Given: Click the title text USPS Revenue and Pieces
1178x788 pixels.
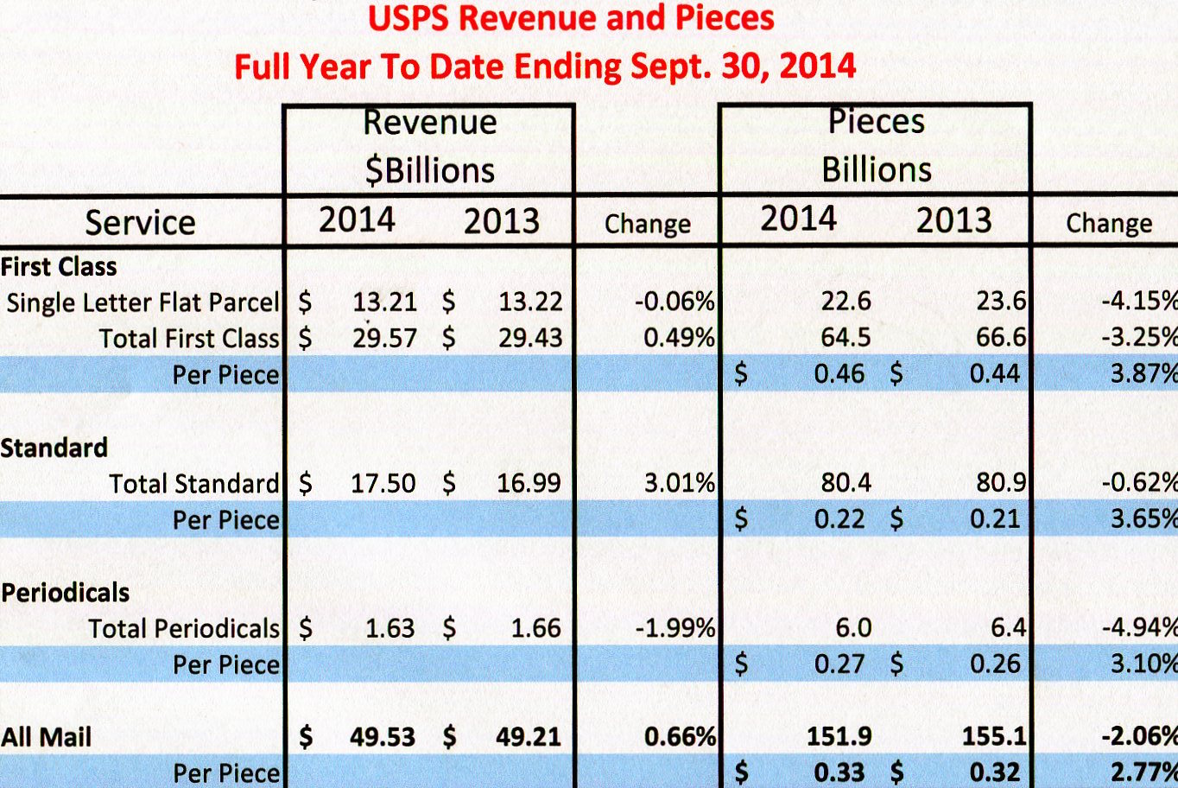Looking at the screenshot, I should pyautogui.click(x=571, y=18).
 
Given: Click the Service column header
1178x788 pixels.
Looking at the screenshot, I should pyautogui.click(x=140, y=223).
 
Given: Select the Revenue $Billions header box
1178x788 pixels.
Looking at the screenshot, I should pyautogui.click(x=429, y=147).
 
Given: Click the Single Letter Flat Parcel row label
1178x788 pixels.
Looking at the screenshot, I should pyautogui.click(x=142, y=302).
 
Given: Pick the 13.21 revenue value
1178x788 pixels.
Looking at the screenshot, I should pyautogui.click(x=384, y=302).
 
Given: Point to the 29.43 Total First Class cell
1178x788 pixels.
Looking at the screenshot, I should pyautogui.click(x=529, y=338).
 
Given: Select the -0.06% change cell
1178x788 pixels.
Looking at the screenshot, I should pyautogui.click(x=674, y=302).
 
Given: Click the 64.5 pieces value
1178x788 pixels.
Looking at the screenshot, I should pyautogui.click(x=845, y=337).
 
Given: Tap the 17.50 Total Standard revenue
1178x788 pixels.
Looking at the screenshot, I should pyautogui.click(x=383, y=483).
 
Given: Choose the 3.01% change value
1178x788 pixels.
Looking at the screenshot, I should pyautogui.click(x=679, y=483).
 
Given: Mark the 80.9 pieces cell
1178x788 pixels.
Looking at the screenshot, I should pyautogui.click(x=1001, y=482).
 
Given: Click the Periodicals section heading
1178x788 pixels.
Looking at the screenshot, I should pyautogui.click(x=66, y=593).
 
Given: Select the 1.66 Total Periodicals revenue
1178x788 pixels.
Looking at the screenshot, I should pyautogui.click(x=535, y=628).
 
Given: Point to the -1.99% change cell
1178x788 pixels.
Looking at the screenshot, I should pyautogui.click(x=674, y=628).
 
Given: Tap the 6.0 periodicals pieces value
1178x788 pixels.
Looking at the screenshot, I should pyautogui.click(x=852, y=628).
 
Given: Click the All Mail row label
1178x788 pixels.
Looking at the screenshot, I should pyautogui.click(x=47, y=737).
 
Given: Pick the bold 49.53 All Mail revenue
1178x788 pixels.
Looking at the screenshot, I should pyautogui.click(x=382, y=737).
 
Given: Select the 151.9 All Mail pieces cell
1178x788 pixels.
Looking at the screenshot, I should pyautogui.click(x=839, y=736).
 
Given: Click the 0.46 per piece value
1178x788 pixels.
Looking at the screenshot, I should pyautogui.click(x=839, y=374).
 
